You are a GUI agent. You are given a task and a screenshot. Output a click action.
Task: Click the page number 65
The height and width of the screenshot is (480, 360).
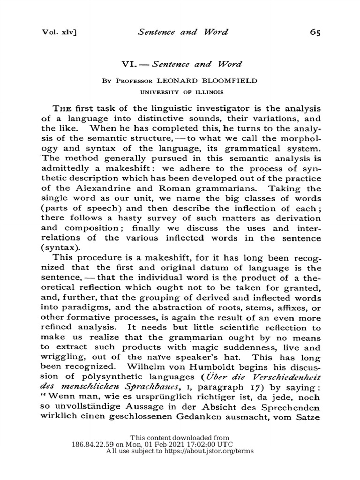(315, 32)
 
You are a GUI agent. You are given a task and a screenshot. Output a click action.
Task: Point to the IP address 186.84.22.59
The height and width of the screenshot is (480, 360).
(96, 444)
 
